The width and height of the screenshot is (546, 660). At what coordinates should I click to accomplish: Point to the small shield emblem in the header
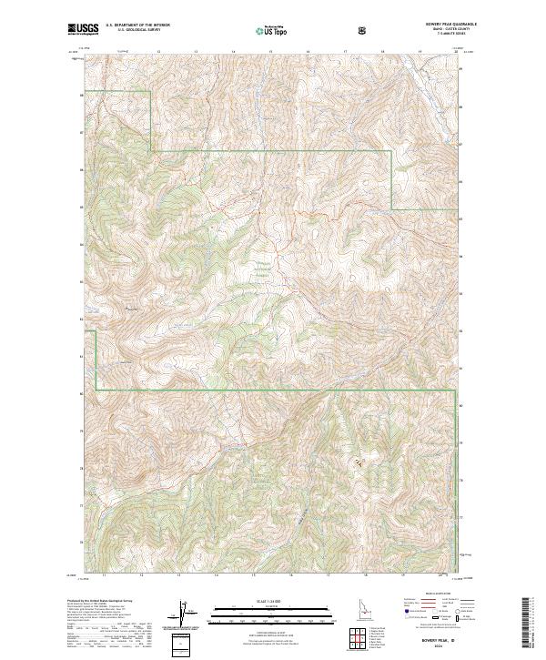tap(364, 29)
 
